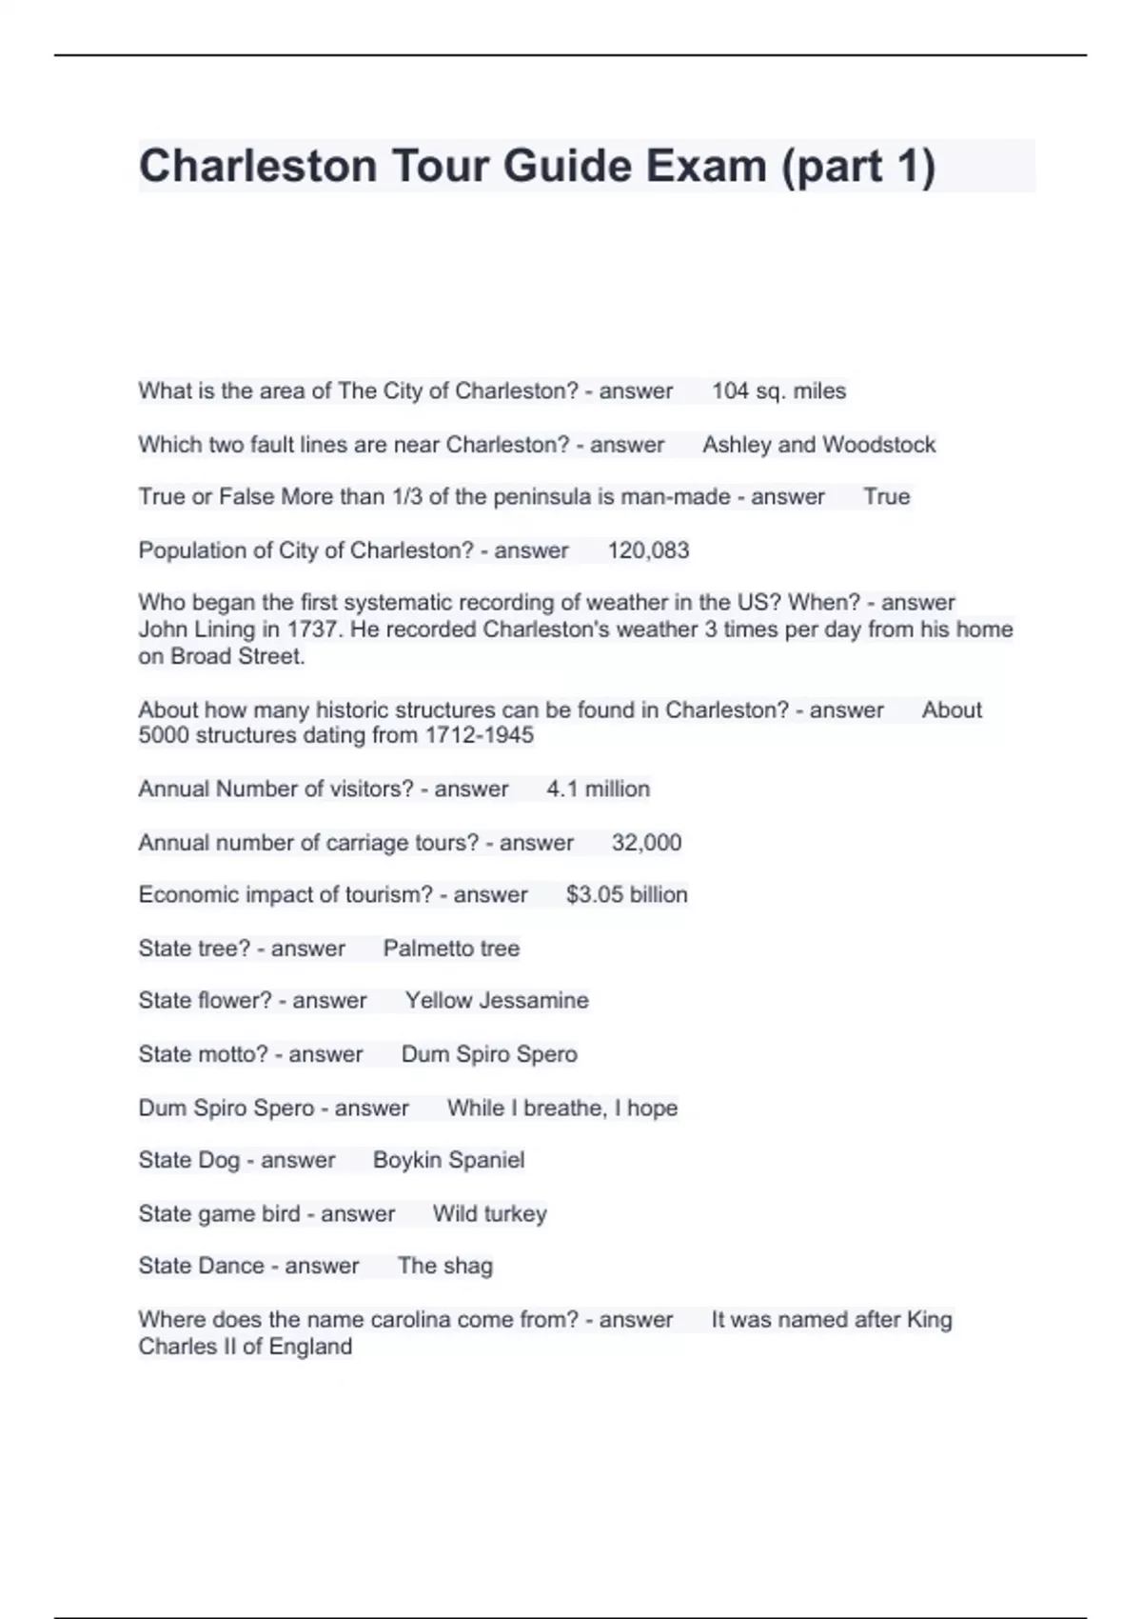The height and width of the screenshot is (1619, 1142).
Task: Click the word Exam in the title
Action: click(706, 166)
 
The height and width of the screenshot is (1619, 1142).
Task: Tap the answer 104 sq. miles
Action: click(778, 391)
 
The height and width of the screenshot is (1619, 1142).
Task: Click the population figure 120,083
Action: click(648, 550)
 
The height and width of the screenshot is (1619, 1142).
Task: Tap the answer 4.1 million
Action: click(598, 789)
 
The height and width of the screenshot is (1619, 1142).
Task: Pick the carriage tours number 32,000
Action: click(646, 842)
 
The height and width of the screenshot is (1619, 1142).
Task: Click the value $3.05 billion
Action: click(626, 894)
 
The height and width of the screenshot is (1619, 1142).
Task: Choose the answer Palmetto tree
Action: click(451, 949)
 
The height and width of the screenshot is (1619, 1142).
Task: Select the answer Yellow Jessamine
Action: click(497, 1000)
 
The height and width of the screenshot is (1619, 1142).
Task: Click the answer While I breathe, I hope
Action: click(562, 1108)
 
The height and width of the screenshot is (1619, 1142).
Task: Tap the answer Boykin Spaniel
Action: click(448, 1160)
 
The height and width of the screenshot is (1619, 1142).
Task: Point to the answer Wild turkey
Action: click(489, 1213)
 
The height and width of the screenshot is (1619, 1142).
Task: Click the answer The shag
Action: click(444, 1266)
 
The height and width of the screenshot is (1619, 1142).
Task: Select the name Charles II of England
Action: click(245, 1347)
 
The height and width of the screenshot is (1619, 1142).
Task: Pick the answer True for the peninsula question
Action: click(886, 497)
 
